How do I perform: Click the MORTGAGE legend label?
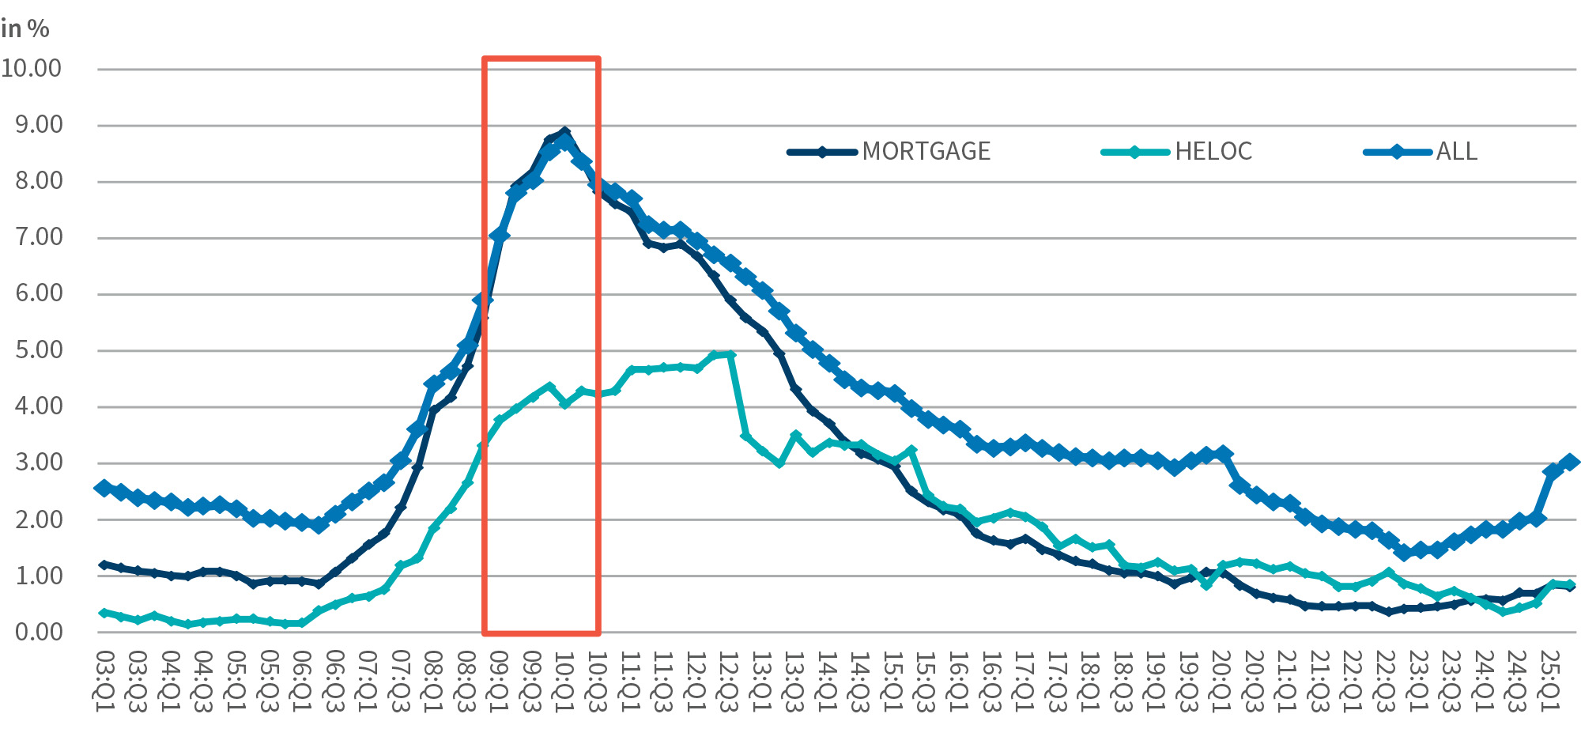(926, 151)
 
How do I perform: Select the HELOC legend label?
(1213, 151)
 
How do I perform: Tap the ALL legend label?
(1456, 151)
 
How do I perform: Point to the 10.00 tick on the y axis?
(32, 69)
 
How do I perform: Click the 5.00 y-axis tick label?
(39, 350)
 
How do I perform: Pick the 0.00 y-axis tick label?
(39, 632)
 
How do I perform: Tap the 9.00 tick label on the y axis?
(39, 125)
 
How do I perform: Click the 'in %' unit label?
(25, 29)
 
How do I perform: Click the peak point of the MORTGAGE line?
(564, 132)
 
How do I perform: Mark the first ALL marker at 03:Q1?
(104, 488)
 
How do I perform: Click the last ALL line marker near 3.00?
(1570, 462)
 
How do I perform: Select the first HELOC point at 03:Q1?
(104, 613)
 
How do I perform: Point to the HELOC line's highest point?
(730, 355)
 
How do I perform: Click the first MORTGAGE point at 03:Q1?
(104, 565)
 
